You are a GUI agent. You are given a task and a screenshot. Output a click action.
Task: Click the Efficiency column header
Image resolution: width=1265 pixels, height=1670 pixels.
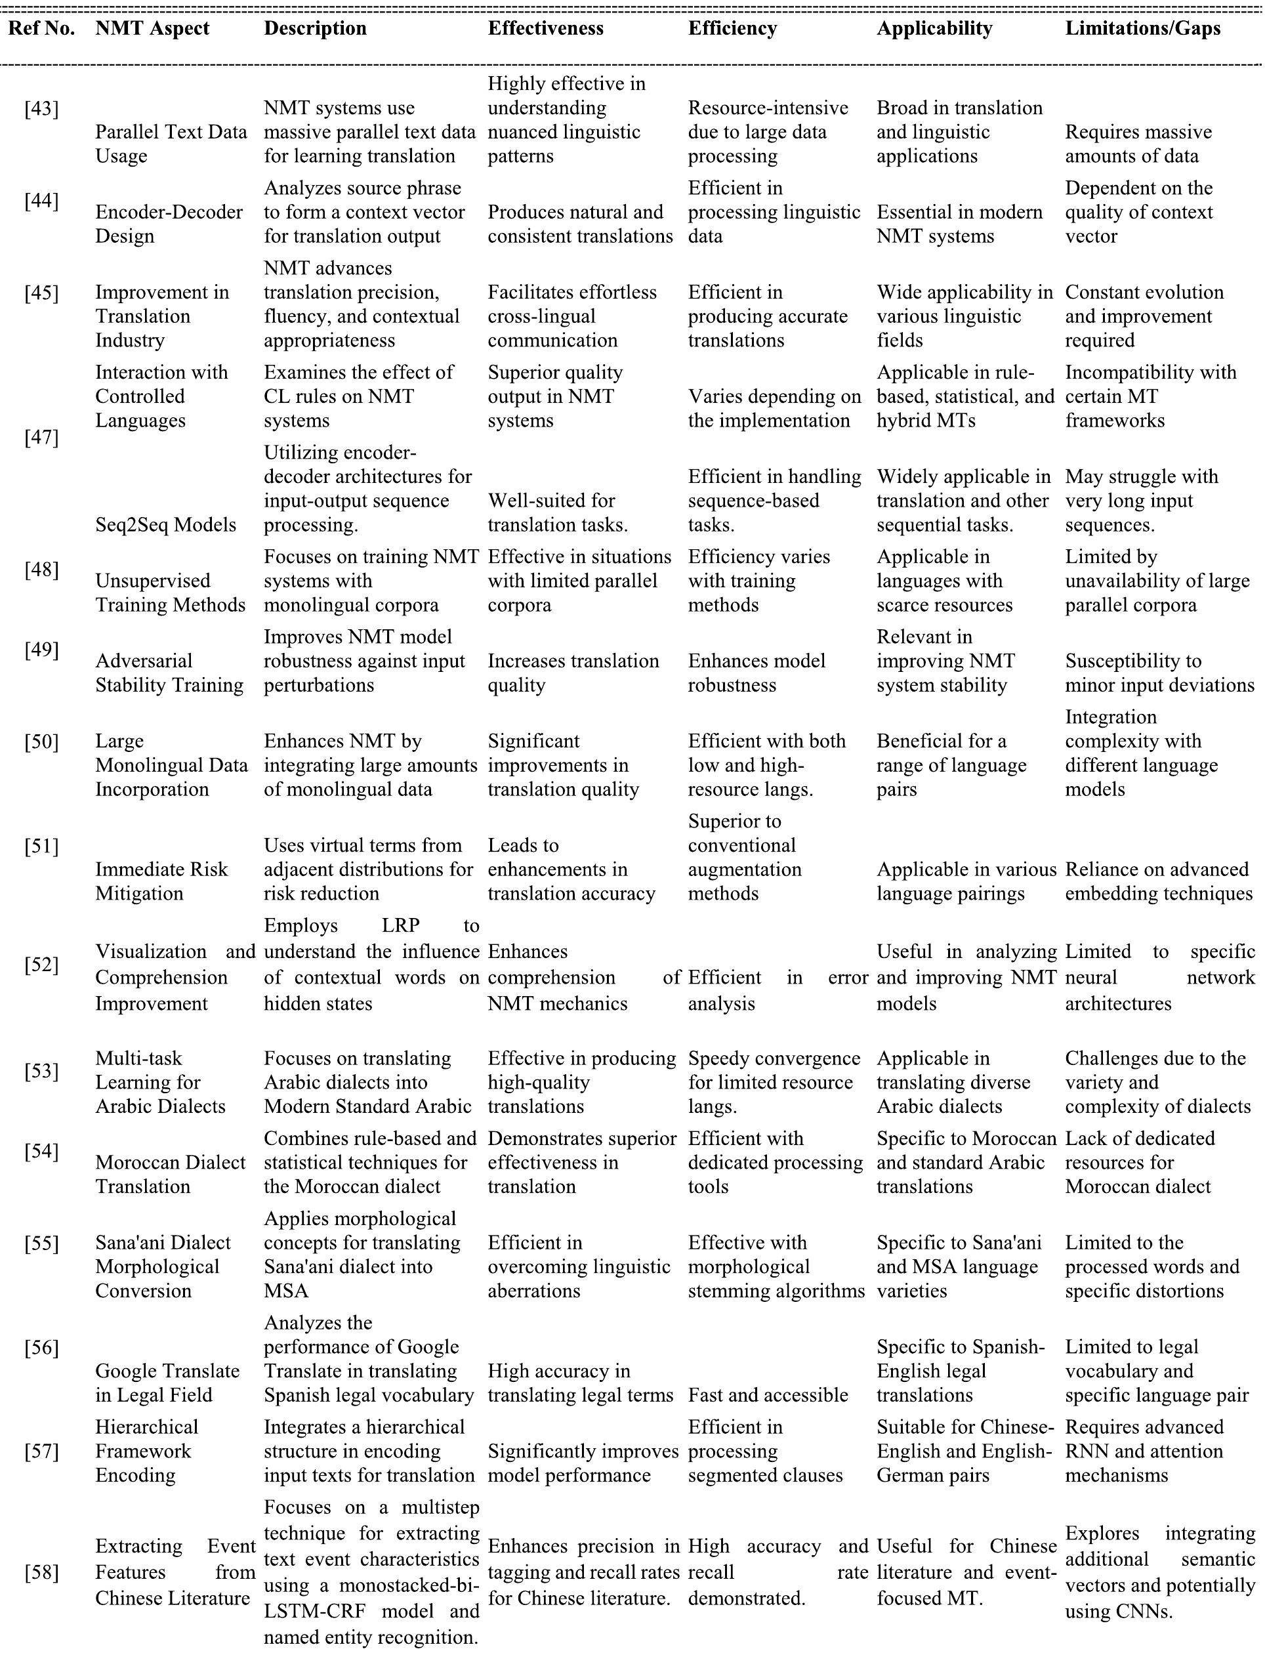[732, 29]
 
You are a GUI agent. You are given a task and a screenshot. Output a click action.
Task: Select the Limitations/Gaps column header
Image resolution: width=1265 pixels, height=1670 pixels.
[1142, 29]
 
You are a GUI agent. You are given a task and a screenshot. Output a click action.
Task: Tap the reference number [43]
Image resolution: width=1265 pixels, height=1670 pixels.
[41, 109]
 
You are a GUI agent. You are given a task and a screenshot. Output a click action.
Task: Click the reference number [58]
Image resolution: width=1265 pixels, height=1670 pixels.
[41, 1572]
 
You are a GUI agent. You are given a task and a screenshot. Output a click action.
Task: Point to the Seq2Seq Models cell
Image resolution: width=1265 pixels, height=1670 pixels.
[165, 525]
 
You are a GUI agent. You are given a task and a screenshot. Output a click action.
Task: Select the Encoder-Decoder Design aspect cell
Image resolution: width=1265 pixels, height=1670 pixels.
[169, 224]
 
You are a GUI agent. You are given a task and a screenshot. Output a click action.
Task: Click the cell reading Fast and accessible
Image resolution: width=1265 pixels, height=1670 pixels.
[768, 1394]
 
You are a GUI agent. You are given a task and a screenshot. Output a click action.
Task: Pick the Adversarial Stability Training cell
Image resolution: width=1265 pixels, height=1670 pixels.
[169, 673]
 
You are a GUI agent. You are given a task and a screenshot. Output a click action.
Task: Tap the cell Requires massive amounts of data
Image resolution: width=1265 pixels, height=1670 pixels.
[1138, 144]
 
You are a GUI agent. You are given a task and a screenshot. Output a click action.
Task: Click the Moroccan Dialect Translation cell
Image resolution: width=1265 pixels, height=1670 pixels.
[170, 1174]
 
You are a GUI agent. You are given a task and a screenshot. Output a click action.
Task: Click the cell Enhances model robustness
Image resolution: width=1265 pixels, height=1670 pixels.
[757, 673]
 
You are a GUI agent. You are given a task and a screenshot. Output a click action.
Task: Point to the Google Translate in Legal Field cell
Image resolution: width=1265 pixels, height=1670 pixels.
[167, 1383]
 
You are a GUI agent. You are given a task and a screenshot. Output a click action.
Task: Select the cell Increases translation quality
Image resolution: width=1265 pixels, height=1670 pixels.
[573, 673]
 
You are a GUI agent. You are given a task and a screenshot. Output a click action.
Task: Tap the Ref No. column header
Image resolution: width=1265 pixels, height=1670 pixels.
[41, 29]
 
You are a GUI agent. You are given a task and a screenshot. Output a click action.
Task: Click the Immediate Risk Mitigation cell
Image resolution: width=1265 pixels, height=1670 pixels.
[161, 881]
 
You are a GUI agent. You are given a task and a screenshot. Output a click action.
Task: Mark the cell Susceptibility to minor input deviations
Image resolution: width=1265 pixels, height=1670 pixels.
[1159, 673]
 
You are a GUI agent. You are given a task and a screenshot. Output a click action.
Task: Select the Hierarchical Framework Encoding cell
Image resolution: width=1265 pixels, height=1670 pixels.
[146, 1450]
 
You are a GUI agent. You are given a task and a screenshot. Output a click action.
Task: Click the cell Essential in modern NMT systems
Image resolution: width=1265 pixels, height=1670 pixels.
[959, 224]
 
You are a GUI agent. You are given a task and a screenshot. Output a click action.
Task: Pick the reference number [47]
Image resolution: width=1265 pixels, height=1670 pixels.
[41, 437]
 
